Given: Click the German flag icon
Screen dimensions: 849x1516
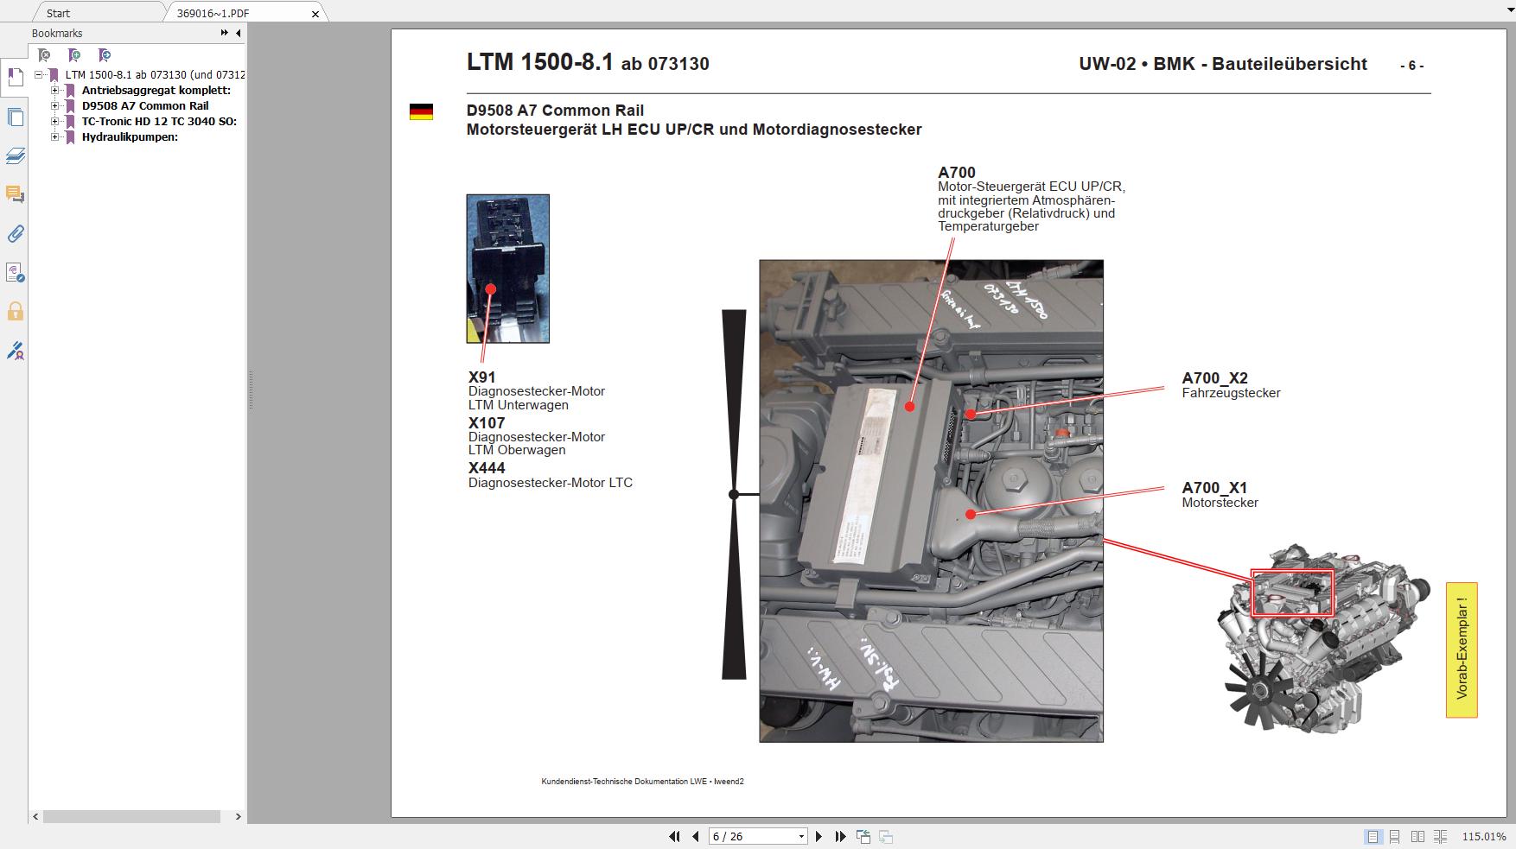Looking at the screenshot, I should [x=421, y=112].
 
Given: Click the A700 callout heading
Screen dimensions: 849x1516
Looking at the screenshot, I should [x=956, y=173].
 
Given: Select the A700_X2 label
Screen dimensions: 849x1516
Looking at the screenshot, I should [x=1214, y=378].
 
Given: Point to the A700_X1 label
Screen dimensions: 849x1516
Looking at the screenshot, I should [x=1214, y=488].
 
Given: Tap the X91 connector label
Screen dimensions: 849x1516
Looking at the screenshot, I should [x=481, y=377].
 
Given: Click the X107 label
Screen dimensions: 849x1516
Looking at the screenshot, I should [x=487, y=423].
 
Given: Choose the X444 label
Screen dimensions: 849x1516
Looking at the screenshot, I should [x=487, y=468].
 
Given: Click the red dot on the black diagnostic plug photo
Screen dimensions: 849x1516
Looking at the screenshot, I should [x=490, y=289].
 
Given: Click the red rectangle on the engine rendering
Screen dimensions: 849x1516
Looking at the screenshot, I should [x=1292, y=592].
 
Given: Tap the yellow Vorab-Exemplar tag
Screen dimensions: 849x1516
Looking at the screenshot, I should [x=1461, y=649].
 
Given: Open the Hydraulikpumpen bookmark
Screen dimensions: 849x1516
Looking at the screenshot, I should [x=130, y=136].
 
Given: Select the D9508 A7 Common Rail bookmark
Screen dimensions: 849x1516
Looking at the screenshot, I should [x=144, y=105].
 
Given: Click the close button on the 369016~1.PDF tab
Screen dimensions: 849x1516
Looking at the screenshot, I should [x=315, y=13].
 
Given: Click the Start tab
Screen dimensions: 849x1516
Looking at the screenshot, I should [x=59, y=13].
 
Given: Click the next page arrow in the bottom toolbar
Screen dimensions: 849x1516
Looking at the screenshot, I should [x=819, y=836].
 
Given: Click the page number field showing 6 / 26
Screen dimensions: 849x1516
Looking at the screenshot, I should [x=752, y=836].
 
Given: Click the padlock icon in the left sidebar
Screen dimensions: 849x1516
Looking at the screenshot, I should [x=15, y=311].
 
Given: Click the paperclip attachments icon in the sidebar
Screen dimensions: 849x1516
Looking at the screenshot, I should [x=15, y=233].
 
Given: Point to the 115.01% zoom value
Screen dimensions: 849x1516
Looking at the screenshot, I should [x=1483, y=836].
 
